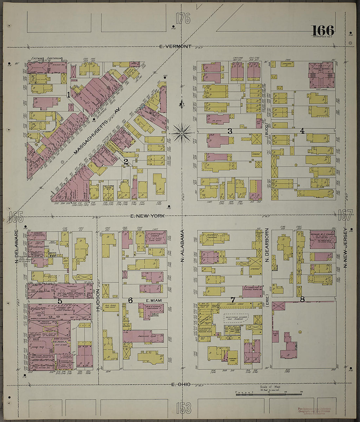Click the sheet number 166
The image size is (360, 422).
323,31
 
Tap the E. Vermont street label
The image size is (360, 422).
175,46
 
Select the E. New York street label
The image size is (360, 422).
147,216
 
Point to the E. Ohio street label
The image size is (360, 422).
181,384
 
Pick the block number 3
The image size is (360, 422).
230,131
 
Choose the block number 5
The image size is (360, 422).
60,301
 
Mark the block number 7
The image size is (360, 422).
233,300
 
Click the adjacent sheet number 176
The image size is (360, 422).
183,19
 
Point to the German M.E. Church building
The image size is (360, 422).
323,240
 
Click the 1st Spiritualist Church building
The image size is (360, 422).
155,236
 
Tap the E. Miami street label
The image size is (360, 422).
152,300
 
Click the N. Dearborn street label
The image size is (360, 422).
267,245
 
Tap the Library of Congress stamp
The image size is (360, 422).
314,411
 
